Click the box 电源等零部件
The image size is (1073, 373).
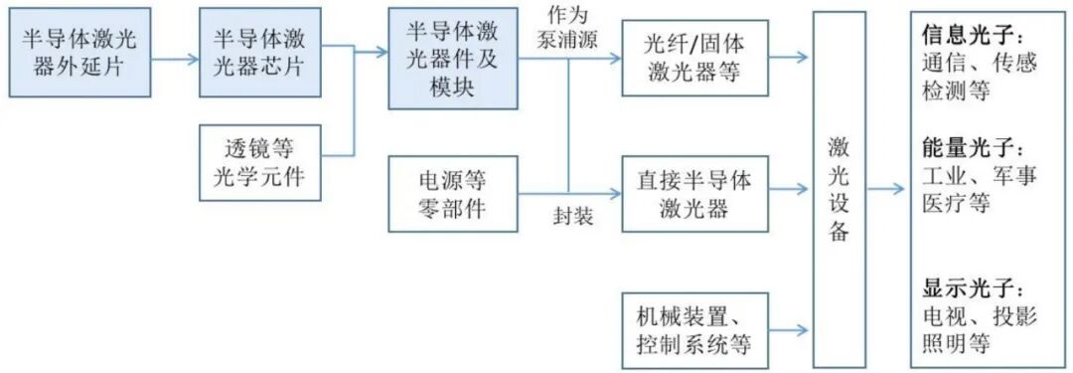pyautogui.click(x=452, y=194)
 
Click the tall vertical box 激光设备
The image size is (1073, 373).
pyautogui.click(x=839, y=189)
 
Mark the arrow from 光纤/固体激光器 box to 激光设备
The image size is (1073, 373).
pyautogui.click(x=790, y=57)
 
